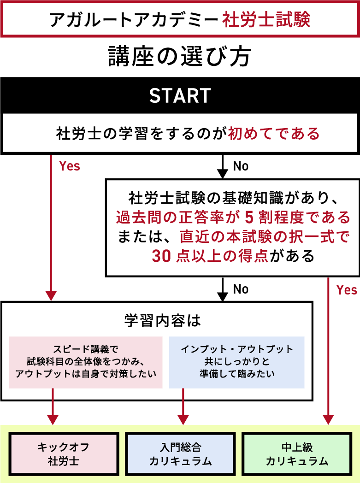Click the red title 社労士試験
click(266, 20)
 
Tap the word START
click(180, 96)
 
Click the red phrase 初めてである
click(274, 134)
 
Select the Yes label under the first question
click(70, 166)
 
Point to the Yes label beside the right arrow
click(346, 290)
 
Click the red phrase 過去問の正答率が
click(177, 216)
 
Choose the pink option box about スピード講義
click(86, 362)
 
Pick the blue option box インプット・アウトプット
click(237, 362)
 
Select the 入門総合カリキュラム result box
click(180, 454)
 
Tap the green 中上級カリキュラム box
click(297, 454)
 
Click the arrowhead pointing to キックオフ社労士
click(53, 419)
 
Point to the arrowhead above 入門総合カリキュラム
click(183, 419)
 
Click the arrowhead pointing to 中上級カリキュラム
click(328, 419)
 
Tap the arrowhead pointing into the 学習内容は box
click(51, 295)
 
